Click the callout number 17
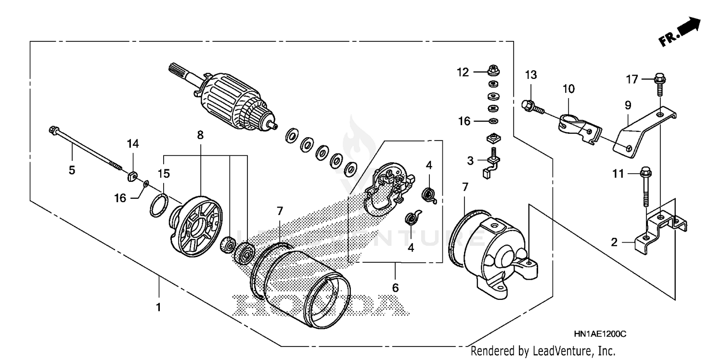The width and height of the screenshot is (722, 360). [x=632, y=79]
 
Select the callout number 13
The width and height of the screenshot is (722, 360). [x=530, y=75]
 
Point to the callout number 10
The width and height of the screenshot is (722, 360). [x=568, y=89]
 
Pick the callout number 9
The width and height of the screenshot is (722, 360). [x=628, y=104]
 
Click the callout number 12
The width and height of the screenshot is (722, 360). [x=463, y=72]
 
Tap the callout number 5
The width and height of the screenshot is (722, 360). [x=72, y=170]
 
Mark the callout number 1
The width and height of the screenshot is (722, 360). [x=158, y=306]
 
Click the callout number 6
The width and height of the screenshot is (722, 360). [x=395, y=288]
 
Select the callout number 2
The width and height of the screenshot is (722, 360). [x=614, y=243]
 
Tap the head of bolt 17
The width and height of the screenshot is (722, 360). [x=659, y=77]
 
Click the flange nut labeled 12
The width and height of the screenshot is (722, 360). [x=493, y=71]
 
